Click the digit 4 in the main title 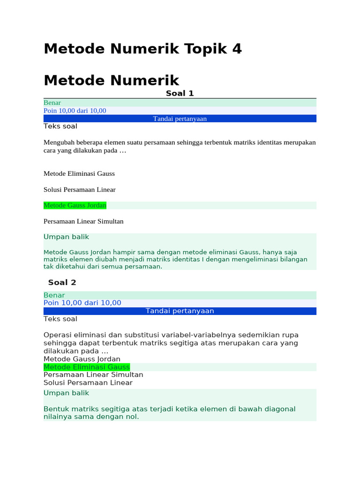coord(236,49)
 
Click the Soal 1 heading coord(180,93)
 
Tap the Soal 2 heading coord(62,282)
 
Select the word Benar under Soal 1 coord(52,103)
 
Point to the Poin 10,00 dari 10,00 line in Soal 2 coord(82,303)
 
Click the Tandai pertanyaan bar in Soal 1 coord(180,119)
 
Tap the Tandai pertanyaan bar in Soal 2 coord(180,311)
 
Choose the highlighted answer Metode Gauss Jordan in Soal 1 coord(75,205)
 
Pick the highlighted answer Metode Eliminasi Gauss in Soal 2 coord(87,367)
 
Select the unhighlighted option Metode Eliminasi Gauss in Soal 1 coord(79,173)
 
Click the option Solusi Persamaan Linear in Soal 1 coord(79,190)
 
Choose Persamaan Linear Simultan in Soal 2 coord(93,375)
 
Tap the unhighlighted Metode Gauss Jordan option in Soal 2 coord(82,359)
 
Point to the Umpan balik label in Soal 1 coord(66,237)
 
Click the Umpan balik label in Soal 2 coord(66,393)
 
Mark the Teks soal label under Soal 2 coord(60,319)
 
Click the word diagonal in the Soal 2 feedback coord(280,409)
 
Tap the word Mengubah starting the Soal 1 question coord(60,142)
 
